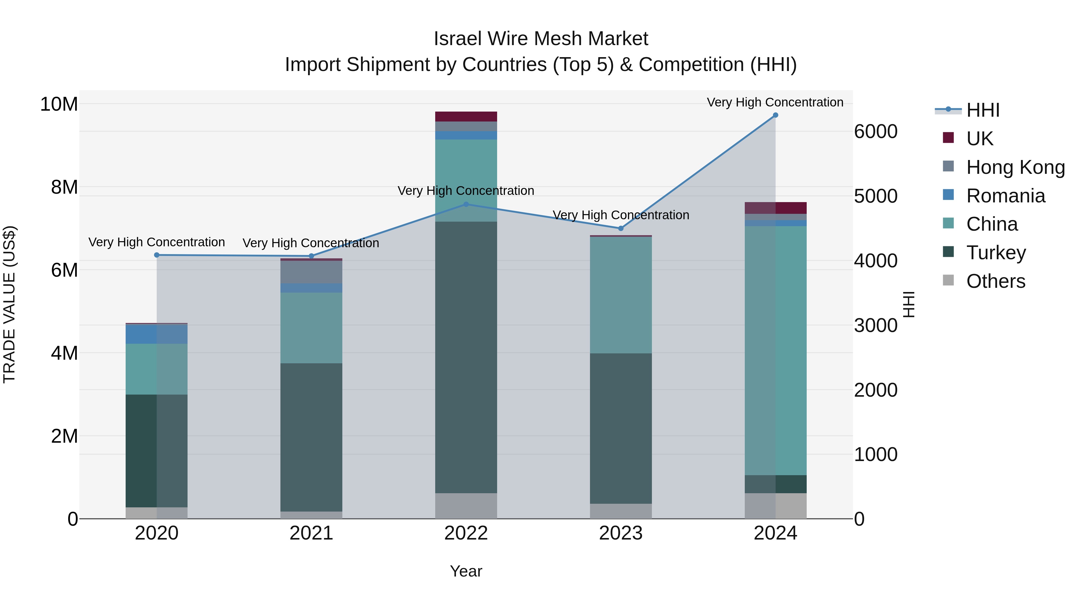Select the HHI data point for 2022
point(466,204)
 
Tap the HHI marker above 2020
point(157,255)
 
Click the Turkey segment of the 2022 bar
point(466,357)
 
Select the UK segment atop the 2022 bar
point(466,116)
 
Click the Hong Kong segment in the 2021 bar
point(311,272)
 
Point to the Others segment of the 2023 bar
point(621,511)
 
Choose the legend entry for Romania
point(1005,196)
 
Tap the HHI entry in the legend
point(983,110)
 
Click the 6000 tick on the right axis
point(876,131)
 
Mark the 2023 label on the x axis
point(621,533)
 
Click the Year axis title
point(466,571)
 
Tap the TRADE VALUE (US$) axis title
point(9,304)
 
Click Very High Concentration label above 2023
point(621,215)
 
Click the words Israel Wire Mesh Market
point(541,39)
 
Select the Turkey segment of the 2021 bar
point(311,437)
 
